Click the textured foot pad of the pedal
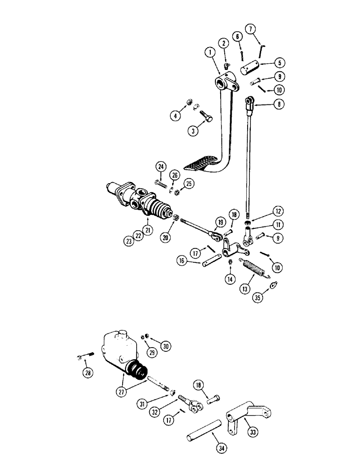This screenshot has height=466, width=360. pyautogui.click(x=201, y=164)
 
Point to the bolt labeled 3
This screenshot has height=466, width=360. pyautogui.click(x=206, y=114)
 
